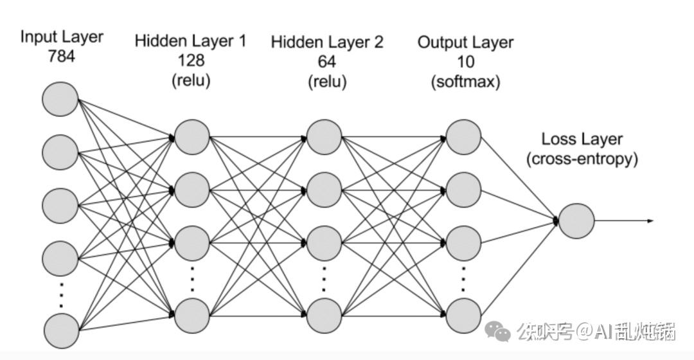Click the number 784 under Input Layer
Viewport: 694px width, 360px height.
coord(62,56)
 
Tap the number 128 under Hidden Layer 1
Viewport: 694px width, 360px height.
coord(191,60)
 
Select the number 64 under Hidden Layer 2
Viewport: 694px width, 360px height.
coord(326,61)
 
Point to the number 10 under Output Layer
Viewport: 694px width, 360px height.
coord(465,62)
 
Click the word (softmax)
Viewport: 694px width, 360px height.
coord(466,82)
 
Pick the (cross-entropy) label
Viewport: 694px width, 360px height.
coord(582,159)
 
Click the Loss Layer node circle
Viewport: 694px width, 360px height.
coord(576,221)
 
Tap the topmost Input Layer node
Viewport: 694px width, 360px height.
coord(60,99)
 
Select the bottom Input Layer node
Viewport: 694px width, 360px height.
coord(62,331)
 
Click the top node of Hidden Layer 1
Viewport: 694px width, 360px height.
coord(191,137)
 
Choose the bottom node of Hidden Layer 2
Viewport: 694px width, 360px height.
coord(324,316)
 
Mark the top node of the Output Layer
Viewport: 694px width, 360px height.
coord(463,137)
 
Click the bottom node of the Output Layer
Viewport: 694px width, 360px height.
coord(463,316)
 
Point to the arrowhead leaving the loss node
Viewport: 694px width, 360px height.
coord(650,221)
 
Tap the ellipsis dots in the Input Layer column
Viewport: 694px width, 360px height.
coord(61,295)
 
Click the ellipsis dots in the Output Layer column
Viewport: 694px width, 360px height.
coord(463,280)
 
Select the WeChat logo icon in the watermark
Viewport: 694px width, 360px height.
coord(497,331)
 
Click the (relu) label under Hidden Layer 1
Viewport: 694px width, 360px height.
coord(191,80)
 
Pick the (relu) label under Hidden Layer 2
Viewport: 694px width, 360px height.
coord(327,82)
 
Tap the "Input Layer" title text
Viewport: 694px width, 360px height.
coord(62,37)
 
